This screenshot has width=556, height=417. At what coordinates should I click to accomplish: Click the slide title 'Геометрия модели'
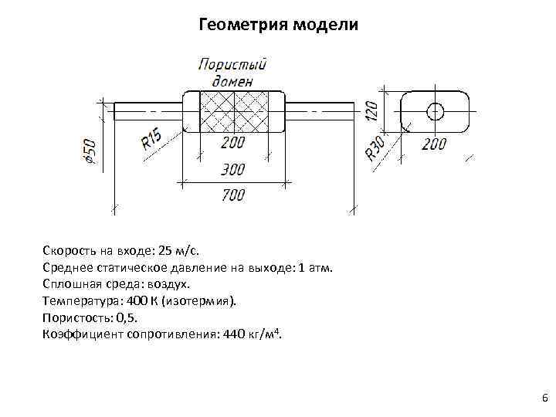[x=278, y=25]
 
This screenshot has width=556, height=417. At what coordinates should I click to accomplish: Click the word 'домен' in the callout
[x=232, y=80]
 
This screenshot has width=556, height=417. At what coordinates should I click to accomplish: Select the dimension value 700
[x=232, y=195]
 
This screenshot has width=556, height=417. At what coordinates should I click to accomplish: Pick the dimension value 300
[x=232, y=169]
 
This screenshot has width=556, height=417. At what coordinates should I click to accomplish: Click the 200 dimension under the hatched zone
[x=232, y=144]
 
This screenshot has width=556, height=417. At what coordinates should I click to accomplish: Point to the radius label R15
[x=151, y=140]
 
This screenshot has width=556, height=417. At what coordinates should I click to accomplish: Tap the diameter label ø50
[x=90, y=151]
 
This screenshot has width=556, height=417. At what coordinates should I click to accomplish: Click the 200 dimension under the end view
[x=433, y=144]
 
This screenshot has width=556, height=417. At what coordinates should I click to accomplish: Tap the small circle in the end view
[x=435, y=111]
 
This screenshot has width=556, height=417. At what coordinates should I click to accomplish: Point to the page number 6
[x=544, y=398]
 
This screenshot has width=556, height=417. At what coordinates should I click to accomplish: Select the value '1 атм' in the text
[x=314, y=268]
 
